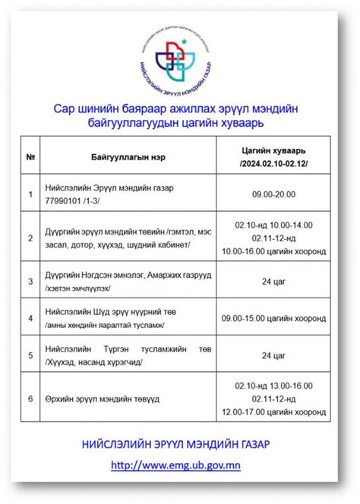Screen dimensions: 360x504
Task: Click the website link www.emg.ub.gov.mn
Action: [x=180, y=465]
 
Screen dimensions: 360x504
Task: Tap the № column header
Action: [x=30, y=157]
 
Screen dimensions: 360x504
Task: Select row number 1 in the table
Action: [x=30, y=195]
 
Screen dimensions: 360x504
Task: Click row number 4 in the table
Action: [x=30, y=318]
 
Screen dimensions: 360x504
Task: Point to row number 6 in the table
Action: [x=30, y=397]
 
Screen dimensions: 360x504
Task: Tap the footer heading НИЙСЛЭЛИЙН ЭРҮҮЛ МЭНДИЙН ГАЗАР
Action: [x=180, y=443]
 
